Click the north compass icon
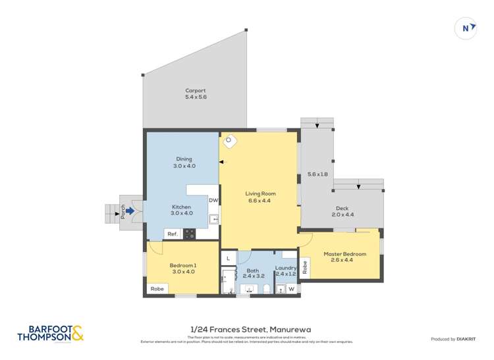(x=466, y=28)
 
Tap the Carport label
(x=196, y=94)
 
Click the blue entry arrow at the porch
(x=130, y=211)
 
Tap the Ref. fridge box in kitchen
(x=173, y=234)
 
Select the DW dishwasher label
(x=213, y=201)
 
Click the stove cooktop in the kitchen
(x=190, y=233)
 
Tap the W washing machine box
(x=290, y=289)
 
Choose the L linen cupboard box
(x=228, y=257)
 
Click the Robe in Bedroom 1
(x=157, y=289)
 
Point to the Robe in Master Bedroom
(x=304, y=267)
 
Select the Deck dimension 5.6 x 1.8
(x=317, y=174)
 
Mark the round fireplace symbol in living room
(x=230, y=140)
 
